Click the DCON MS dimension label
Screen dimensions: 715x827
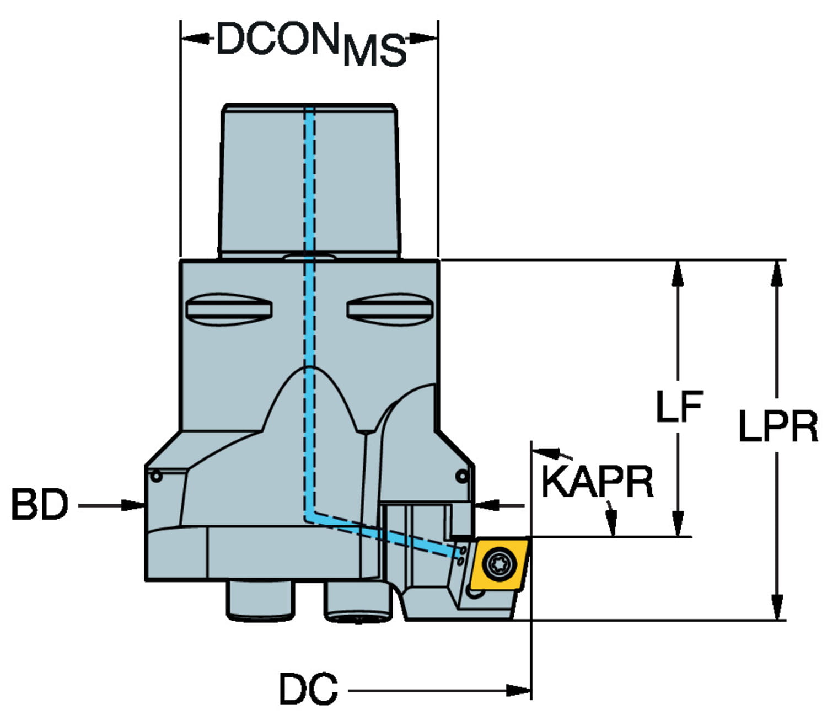click(x=310, y=43)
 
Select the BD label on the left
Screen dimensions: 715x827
click(x=39, y=505)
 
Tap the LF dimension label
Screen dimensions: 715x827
click(x=679, y=407)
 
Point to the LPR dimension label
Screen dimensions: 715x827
click(x=778, y=426)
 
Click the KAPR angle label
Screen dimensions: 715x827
click(x=597, y=482)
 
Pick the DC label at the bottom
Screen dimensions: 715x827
click(x=308, y=689)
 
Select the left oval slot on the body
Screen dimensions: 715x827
click(x=229, y=309)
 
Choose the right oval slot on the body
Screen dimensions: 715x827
click(x=389, y=309)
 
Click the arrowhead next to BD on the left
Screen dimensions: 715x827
click(x=133, y=505)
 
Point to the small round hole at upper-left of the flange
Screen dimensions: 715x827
click(x=157, y=476)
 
